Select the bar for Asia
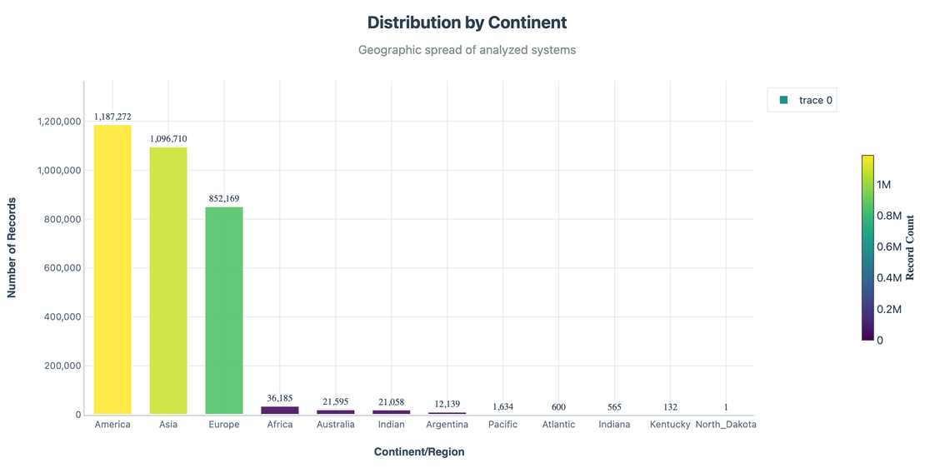(x=168, y=281)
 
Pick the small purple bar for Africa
(x=280, y=410)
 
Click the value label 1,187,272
(x=112, y=117)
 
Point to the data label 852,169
(x=224, y=199)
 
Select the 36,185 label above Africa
(x=280, y=399)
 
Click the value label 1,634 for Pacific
(x=502, y=407)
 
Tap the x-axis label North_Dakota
(x=726, y=425)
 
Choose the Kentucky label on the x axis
(x=670, y=425)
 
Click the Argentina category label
(x=447, y=425)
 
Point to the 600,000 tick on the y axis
(x=57, y=268)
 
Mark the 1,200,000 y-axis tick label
(x=58, y=122)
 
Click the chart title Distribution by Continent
(x=467, y=22)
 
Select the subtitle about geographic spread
(x=467, y=50)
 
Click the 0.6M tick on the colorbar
(x=889, y=246)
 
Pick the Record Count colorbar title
(x=910, y=247)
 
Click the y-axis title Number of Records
(x=12, y=247)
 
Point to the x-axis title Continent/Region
(x=419, y=452)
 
